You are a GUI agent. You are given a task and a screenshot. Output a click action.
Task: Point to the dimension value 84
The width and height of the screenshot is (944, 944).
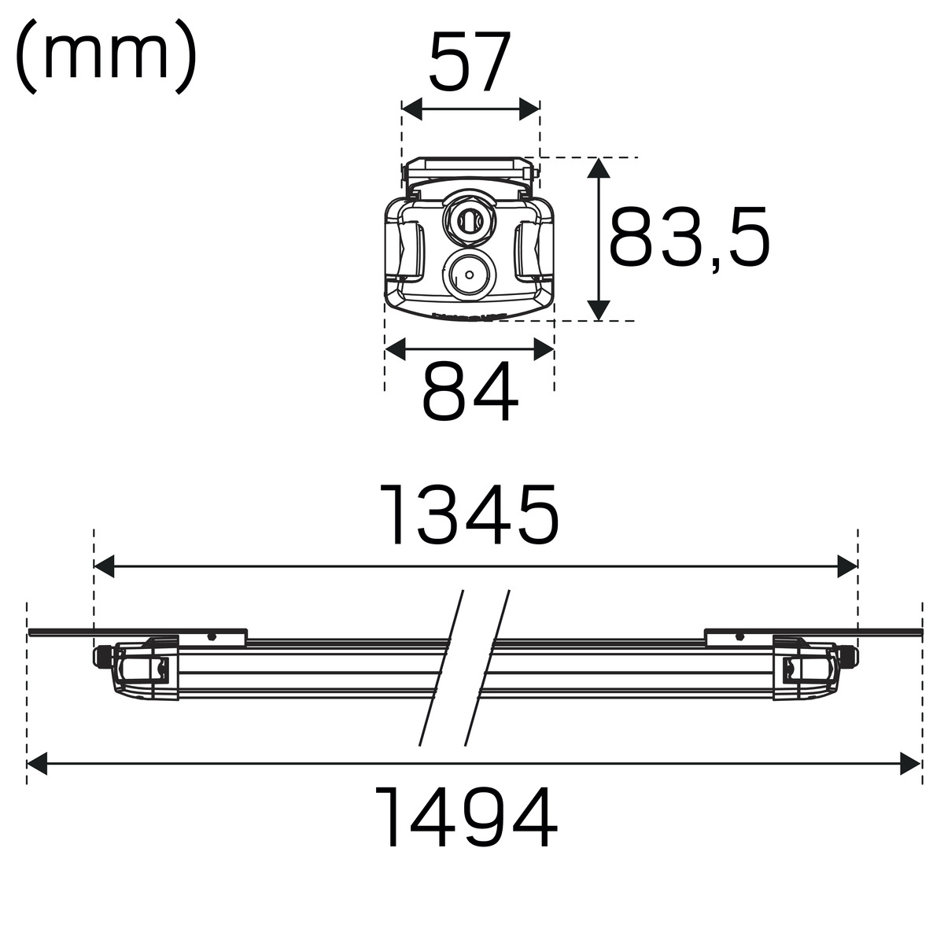[x=470, y=391]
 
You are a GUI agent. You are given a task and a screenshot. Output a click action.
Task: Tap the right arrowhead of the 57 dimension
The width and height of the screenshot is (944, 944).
[x=529, y=109]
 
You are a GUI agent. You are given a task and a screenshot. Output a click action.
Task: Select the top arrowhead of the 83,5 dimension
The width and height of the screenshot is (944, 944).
[x=599, y=168]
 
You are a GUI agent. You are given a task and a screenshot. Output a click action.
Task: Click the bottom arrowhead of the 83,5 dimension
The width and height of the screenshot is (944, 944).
[x=599, y=311]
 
